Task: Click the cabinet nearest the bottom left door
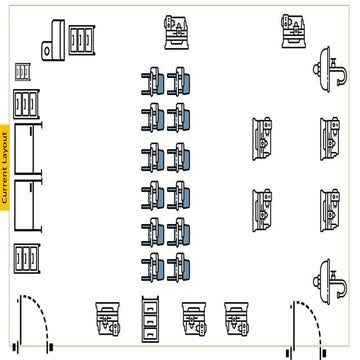click(26, 258)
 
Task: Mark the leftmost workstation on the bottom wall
click(109, 317)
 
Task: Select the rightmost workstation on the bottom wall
click(237, 316)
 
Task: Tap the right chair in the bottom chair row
click(181, 266)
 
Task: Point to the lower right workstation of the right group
click(330, 208)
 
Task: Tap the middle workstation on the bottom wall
click(193, 317)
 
